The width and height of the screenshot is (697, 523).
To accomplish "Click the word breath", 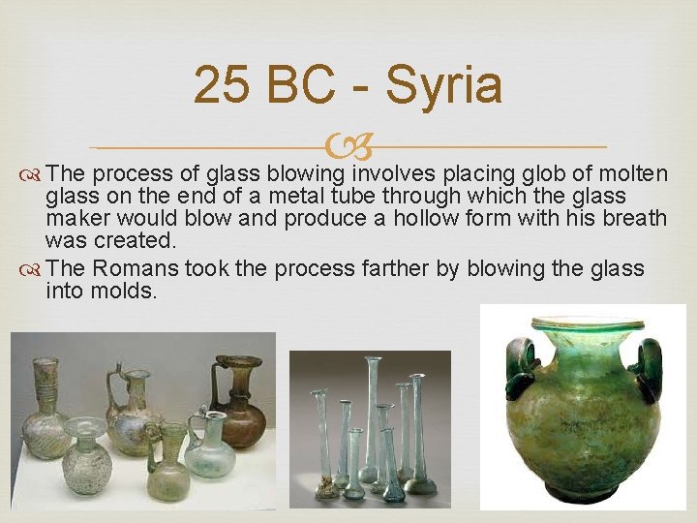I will [x=633, y=218].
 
